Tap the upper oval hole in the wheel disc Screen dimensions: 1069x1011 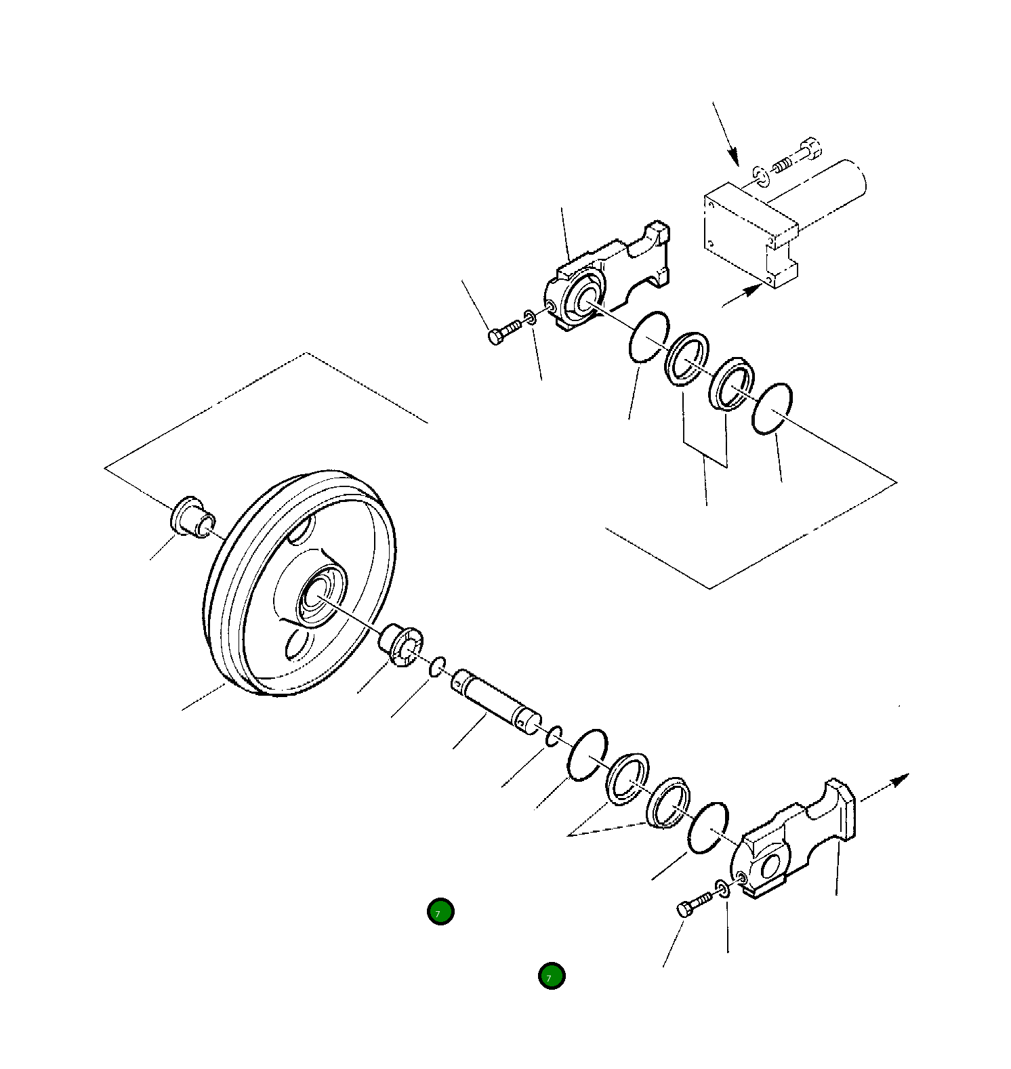(302, 528)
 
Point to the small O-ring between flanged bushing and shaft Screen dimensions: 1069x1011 (437, 666)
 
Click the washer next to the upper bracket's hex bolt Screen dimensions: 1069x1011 (531, 316)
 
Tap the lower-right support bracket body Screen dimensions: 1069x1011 (793, 843)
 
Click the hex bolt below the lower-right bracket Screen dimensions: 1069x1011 (691, 905)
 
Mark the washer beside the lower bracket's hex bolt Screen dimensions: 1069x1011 (722, 887)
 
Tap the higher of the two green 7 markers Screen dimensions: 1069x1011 (440, 912)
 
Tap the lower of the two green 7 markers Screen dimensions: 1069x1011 (552, 976)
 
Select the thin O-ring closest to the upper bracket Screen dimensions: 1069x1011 (648, 337)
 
